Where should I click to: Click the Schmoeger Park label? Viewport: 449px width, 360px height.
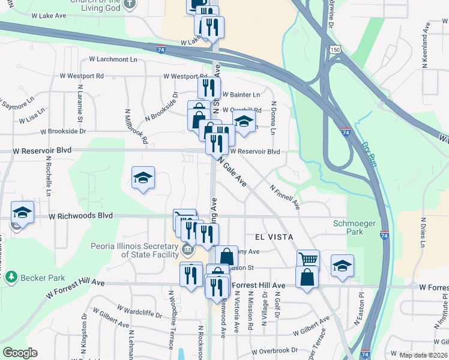click(x=355, y=227)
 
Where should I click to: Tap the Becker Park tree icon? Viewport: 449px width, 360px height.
click(x=10, y=277)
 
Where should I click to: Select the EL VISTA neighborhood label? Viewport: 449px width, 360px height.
click(x=273, y=237)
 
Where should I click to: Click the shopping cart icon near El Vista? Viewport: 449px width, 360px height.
click(x=308, y=259)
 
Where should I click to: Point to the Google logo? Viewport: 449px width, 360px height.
click(x=20, y=353)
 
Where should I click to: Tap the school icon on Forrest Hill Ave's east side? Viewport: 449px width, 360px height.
click(x=342, y=265)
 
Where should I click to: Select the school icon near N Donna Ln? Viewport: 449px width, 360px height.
click(x=244, y=122)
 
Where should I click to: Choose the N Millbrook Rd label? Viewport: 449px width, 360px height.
click(x=136, y=126)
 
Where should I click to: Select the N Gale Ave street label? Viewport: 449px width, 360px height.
click(x=233, y=172)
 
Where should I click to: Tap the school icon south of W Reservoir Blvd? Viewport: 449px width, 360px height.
click(x=143, y=178)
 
